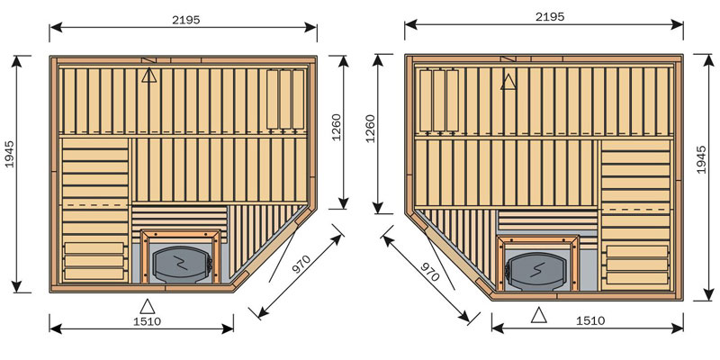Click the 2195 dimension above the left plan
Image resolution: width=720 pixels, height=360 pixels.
[x=186, y=20]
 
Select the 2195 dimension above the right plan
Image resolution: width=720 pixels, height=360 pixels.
[x=550, y=17]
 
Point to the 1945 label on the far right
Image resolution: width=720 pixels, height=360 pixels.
[x=701, y=160]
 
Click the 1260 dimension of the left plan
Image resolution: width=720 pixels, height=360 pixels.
[x=336, y=127]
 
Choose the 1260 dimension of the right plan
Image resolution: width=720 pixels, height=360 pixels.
[x=370, y=129]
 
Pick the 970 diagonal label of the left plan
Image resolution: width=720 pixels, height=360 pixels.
[x=301, y=264]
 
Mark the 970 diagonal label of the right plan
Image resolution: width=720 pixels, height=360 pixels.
[x=430, y=272]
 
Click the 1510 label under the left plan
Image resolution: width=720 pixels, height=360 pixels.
[x=148, y=321]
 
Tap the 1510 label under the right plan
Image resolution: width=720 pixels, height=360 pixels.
[x=591, y=320]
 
